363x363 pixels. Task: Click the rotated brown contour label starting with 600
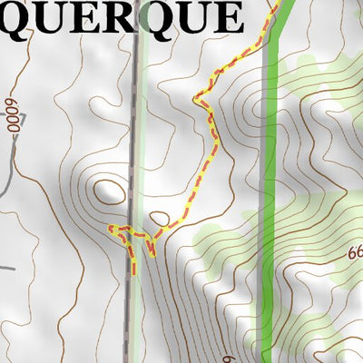[14, 115]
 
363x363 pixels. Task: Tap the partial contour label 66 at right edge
[354, 257]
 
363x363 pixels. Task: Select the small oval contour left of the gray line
[111, 191]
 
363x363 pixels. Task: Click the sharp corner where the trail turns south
[195, 97]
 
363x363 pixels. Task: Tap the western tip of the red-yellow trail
[111, 228]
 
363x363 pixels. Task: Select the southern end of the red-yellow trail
[135, 271]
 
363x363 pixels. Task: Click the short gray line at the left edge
[7, 269]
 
